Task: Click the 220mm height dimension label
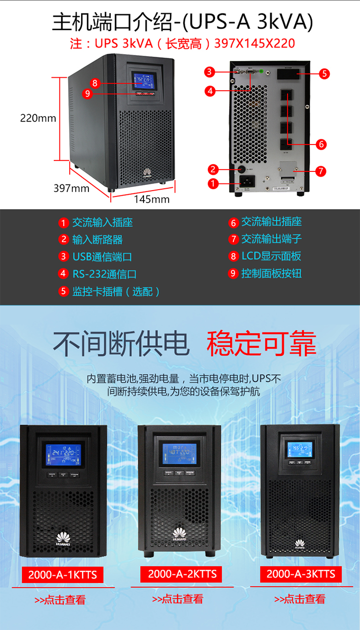click(38, 118)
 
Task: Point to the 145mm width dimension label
click(152, 199)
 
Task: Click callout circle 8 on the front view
click(95, 83)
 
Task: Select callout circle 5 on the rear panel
click(324, 73)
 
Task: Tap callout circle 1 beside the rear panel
click(213, 182)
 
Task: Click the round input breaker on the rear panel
click(241, 169)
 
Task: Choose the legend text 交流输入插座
click(102, 222)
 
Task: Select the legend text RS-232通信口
click(105, 274)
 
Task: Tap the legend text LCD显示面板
click(271, 256)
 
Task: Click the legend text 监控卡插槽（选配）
click(116, 291)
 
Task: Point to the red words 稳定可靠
click(262, 343)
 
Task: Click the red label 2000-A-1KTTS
click(62, 575)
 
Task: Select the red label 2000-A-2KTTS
click(182, 574)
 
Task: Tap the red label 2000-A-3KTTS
click(301, 574)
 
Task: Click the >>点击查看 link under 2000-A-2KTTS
click(178, 599)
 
